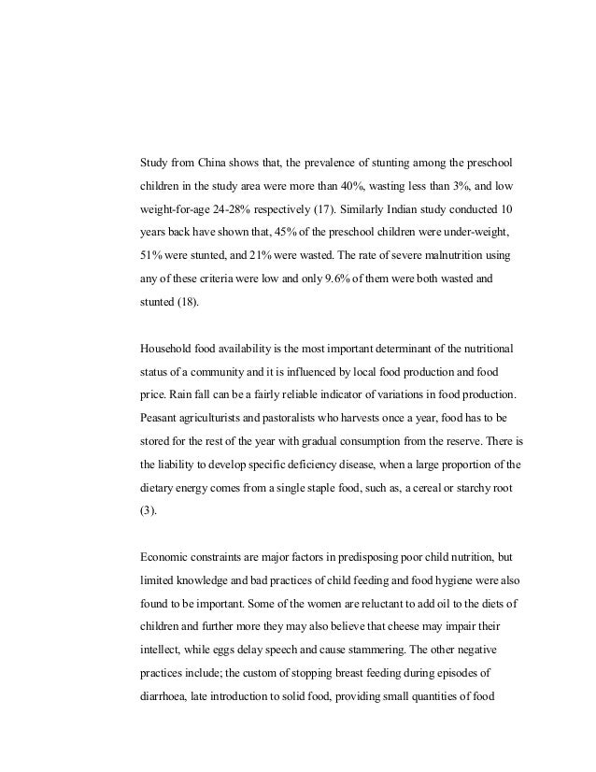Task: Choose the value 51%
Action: pyautogui.click(x=151, y=253)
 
